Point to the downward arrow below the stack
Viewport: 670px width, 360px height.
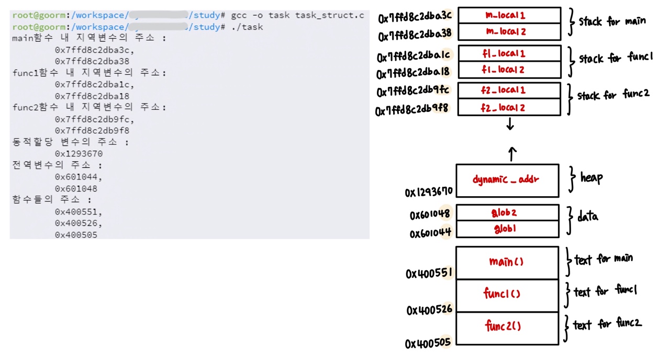(510, 125)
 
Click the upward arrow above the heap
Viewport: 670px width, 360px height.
(512, 153)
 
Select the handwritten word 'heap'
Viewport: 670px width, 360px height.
(591, 177)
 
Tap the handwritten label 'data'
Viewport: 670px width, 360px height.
(587, 216)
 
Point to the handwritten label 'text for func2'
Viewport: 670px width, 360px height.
(607, 324)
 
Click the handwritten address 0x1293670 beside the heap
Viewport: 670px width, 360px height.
(428, 192)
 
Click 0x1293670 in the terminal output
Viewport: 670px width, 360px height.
(79, 154)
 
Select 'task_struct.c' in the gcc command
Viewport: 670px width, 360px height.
(329, 15)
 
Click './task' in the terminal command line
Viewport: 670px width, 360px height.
(247, 27)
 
